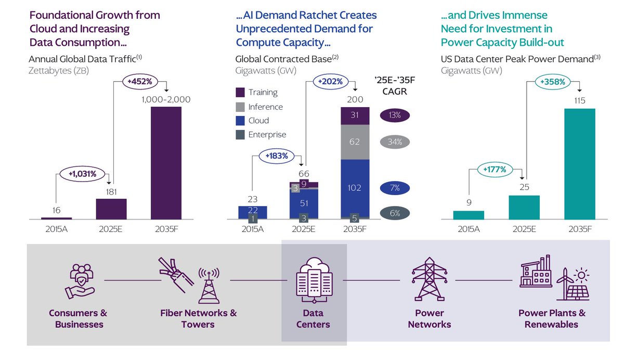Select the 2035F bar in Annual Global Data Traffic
[x=166, y=163]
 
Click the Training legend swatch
[x=240, y=92]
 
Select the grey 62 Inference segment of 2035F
[x=355, y=142]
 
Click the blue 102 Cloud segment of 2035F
[x=355, y=187]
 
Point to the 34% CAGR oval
[x=395, y=142]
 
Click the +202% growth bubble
[x=328, y=81]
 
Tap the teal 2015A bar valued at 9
[x=469, y=215]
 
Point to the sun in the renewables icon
[x=581, y=274]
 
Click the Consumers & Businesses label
[x=78, y=318]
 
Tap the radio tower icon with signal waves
[x=209, y=285]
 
